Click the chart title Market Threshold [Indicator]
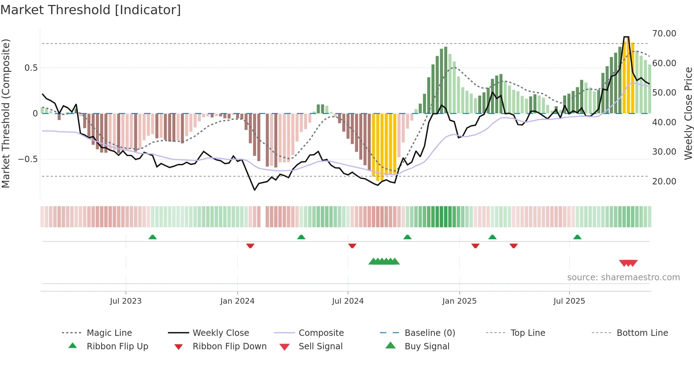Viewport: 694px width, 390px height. point(91,10)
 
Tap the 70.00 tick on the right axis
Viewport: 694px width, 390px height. point(664,34)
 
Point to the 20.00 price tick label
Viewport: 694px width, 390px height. point(664,182)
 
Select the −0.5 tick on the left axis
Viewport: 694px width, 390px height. point(28,159)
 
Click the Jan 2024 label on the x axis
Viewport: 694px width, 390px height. point(237,301)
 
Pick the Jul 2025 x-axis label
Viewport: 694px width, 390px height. point(569,301)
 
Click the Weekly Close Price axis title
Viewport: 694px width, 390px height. point(688,113)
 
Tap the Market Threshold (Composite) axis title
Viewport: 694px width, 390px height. point(6,113)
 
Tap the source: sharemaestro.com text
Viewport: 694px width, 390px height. point(623,277)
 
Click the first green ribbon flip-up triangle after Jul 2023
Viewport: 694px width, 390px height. point(153,237)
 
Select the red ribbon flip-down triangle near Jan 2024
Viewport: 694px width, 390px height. point(250,246)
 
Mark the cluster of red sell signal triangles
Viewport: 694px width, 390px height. point(628,263)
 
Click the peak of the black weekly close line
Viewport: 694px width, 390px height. point(626,37)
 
